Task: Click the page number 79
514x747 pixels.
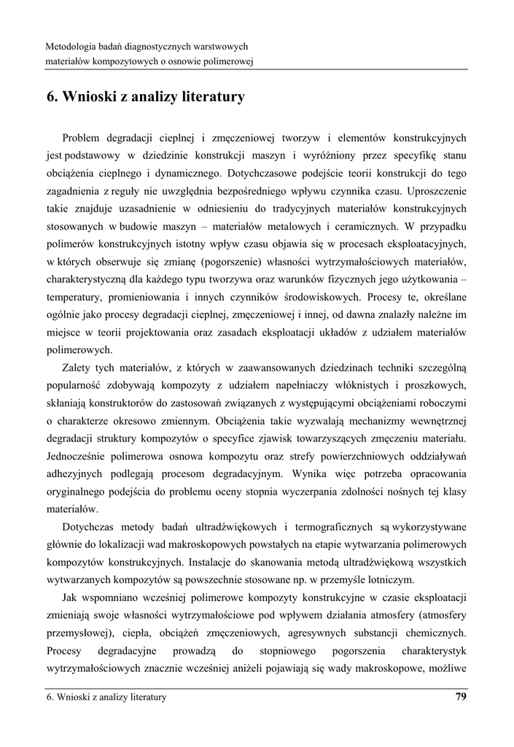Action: tap(460, 697)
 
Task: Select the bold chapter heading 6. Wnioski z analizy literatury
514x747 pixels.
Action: tap(145, 96)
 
